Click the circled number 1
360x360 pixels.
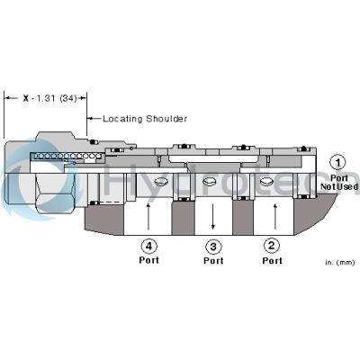click(x=337, y=163)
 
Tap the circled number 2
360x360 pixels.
click(x=271, y=244)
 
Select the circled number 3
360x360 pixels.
click(x=213, y=244)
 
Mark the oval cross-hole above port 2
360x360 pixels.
click(x=265, y=183)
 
